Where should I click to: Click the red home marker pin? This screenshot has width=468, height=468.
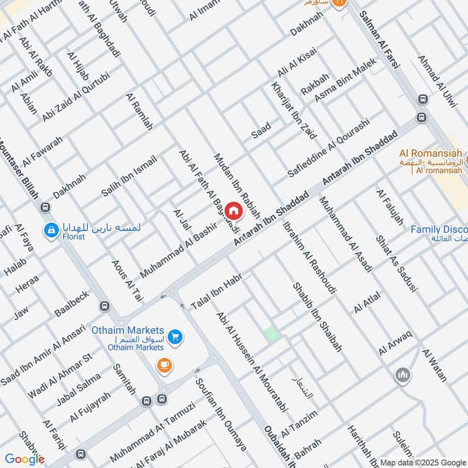(234, 211)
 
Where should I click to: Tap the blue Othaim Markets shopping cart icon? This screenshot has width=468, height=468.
(174, 337)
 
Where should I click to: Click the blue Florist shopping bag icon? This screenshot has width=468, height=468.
(50, 230)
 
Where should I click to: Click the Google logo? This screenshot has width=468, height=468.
(25, 459)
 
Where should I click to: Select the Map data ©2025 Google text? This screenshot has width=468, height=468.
(422, 462)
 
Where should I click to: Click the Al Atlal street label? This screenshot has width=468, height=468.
(367, 302)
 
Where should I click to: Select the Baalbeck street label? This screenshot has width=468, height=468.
(71, 301)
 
